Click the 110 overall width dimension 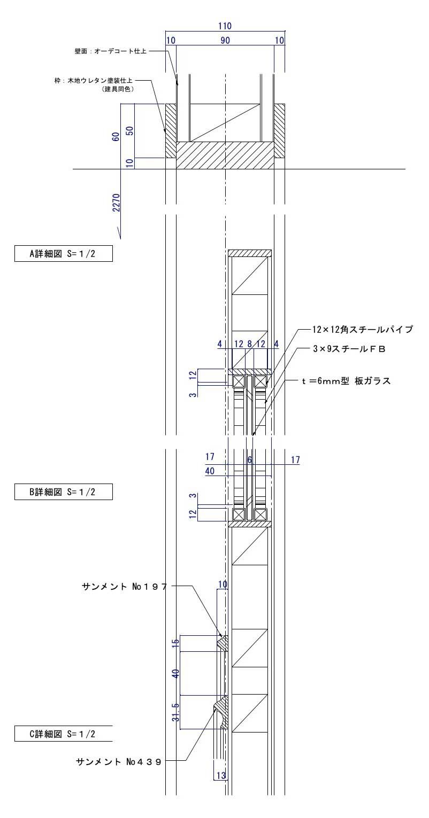click(225, 26)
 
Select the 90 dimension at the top click(225, 41)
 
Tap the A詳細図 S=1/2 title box click(63, 254)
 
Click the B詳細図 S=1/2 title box click(63, 492)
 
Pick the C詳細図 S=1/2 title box click(63, 734)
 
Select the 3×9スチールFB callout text click(349, 348)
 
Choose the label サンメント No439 click(118, 761)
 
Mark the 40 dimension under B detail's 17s click(210, 471)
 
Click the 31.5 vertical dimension click(175, 712)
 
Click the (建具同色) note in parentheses click(117, 89)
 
